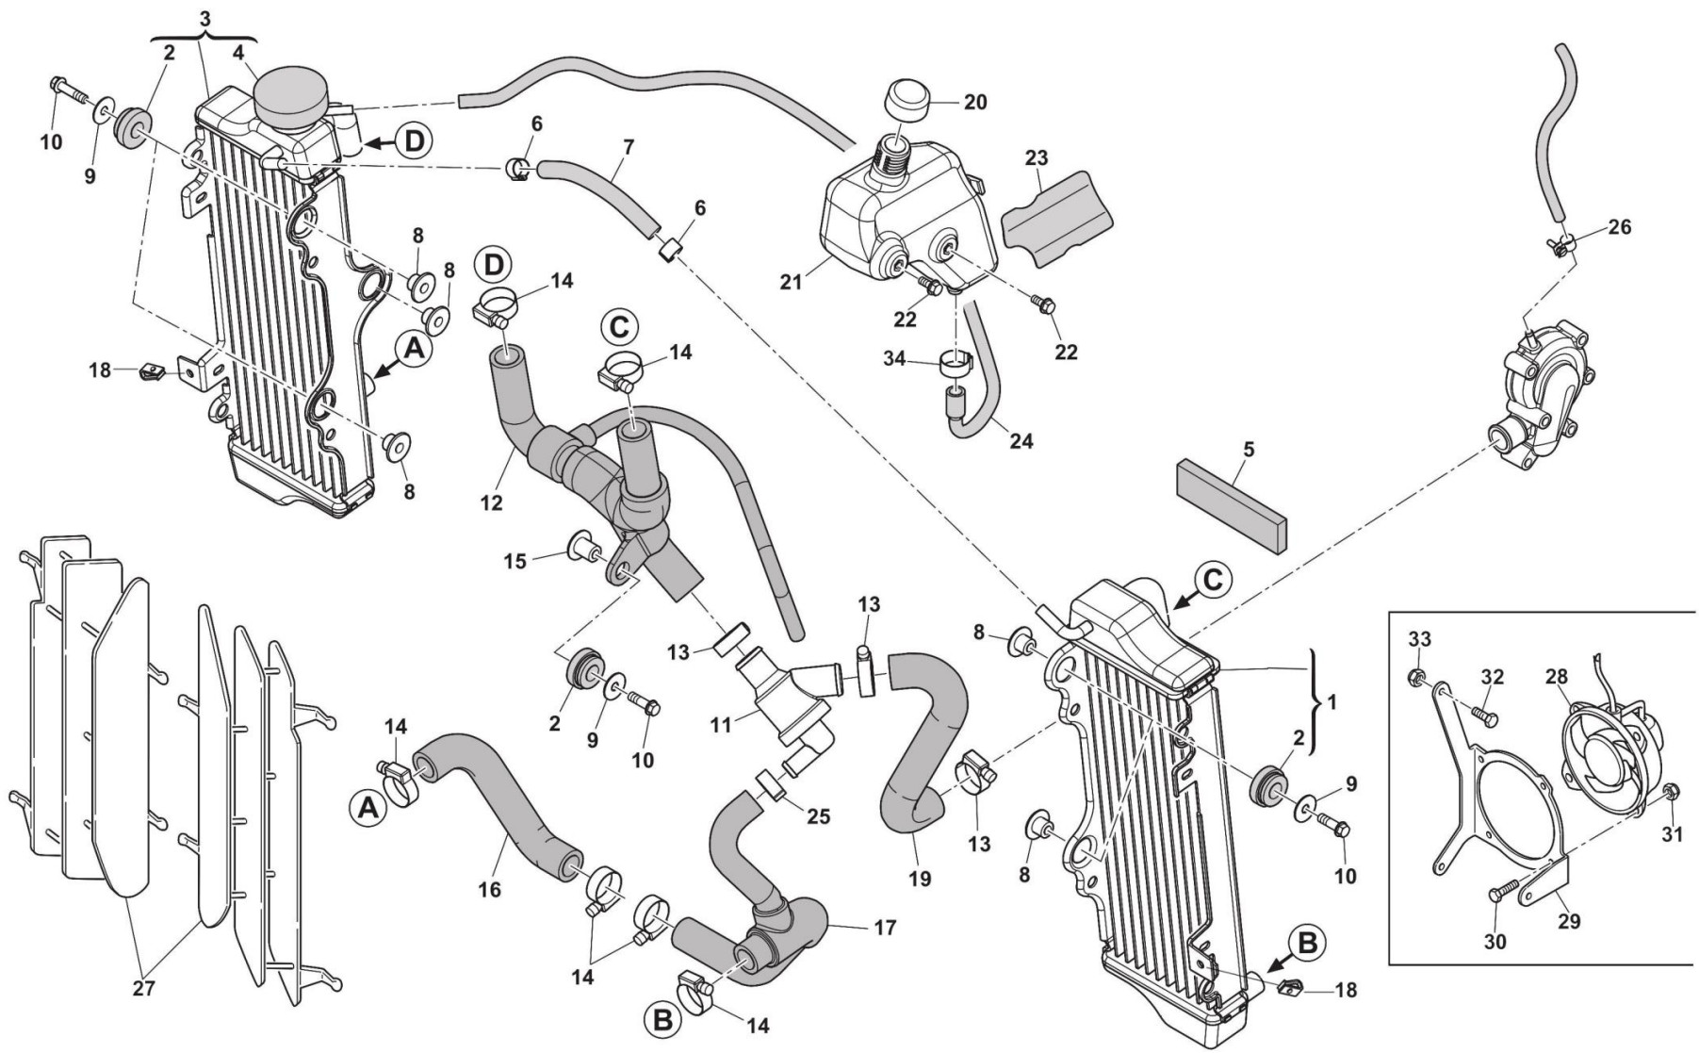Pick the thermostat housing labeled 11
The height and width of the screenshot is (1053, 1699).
(777, 712)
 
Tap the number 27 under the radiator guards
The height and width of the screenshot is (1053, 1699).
(143, 989)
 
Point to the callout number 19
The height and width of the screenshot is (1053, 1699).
(920, 878)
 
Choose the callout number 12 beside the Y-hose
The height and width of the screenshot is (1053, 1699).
(490, 503)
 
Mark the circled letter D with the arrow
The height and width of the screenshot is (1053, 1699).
(413, 142)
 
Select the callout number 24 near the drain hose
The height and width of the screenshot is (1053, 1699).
(1021, 440)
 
